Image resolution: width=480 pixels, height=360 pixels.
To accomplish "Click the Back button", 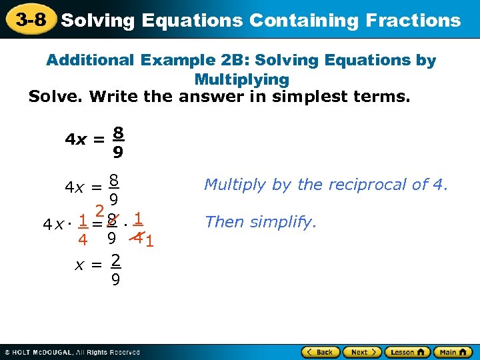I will [x=321, y=351].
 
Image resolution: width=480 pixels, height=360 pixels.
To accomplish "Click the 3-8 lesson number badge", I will [x=31, y=19].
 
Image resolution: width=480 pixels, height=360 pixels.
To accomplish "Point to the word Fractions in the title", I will [x=413, y=20].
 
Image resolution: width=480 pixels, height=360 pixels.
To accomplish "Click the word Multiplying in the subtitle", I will [x=241, y=79].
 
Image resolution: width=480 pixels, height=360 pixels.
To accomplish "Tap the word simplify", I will [x=283, y=222].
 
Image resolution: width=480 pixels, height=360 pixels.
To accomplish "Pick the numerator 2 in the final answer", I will [x=115, y=259].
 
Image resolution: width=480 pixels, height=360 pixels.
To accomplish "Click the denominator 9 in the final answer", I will [x=115, y=280].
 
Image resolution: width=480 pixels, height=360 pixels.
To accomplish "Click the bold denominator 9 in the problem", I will [x=117, y=153].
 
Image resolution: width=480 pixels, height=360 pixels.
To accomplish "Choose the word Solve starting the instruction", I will [x=54, y=97].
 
